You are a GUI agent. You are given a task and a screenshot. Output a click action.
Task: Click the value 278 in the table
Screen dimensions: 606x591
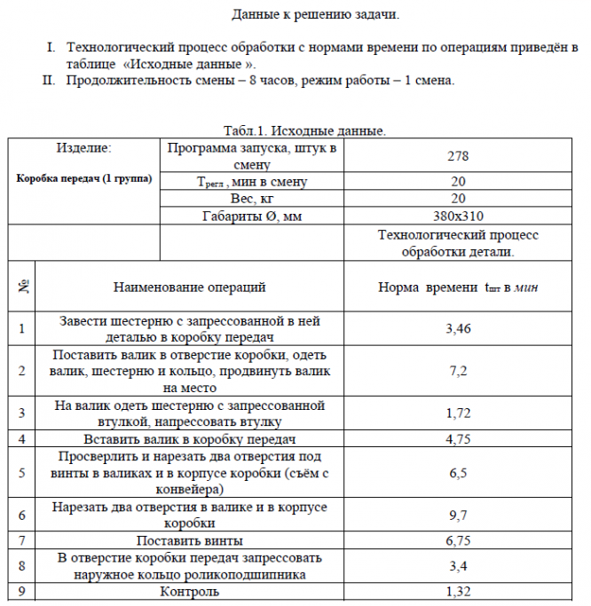click(x=458, y=156)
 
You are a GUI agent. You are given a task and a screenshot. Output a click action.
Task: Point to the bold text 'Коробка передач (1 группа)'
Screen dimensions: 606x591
click(x=83, y=178)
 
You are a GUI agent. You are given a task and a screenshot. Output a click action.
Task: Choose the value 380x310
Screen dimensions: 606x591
click(x=458, y=216)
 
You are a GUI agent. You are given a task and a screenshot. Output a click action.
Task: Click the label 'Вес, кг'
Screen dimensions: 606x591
click(x=251, y=199)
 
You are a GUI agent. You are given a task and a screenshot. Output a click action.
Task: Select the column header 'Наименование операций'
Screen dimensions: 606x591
click(x=189, y=287)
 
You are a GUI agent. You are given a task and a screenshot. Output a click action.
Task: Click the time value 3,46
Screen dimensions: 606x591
click(x=458, y=329)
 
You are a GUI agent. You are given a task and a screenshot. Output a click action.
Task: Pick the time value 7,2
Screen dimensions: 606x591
click(x=458, y=370)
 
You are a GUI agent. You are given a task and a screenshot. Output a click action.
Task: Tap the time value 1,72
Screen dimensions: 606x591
click(x=458, y=413)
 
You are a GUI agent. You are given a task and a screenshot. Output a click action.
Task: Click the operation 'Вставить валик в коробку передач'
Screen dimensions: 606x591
click(x=189, y=439)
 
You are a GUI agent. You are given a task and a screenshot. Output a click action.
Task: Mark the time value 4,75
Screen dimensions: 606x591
click(x=458, y=439)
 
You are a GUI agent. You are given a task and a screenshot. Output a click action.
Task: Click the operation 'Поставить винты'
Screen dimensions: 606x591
click(x=189, y=540)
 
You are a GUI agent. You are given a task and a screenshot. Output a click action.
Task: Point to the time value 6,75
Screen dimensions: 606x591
click(x=458, y=540)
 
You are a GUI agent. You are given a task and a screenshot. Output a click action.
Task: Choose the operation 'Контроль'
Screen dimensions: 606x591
click(x=189, y=591)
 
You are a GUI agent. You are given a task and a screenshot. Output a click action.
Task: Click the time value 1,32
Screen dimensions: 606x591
click(x=458, y=591)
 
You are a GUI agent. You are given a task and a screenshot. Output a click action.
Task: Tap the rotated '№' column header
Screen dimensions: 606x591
click(x=21, y=287)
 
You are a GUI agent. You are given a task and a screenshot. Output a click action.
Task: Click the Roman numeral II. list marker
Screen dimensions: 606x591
click(x=50, y=81)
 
